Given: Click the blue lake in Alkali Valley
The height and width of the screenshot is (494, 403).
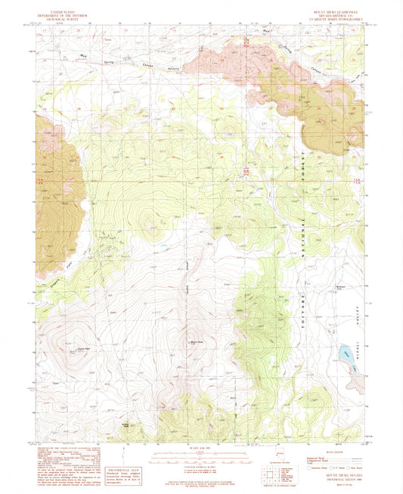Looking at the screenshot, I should (x=344, y=352).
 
